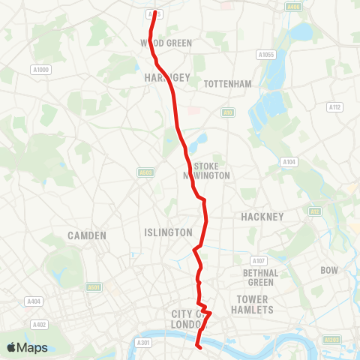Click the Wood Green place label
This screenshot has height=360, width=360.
coord(166,43)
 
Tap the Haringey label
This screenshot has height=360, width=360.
coord(162,76)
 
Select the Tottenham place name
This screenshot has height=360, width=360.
coord(227,84)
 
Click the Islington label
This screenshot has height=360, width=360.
coord(168,232)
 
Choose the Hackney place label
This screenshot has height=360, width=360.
coord(262,217)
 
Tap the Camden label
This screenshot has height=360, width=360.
coord(87,235)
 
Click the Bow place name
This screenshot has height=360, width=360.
coord(330,269)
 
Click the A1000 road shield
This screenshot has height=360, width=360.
coord(41,70)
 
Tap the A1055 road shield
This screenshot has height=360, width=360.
coord(266,55)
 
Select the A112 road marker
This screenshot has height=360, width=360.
coord(334,108)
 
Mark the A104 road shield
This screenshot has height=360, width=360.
coord(289,161)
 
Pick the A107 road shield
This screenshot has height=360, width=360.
coord(259,260)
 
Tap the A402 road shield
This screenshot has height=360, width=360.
coord(40,325)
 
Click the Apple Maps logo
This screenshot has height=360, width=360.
coord(27,347)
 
